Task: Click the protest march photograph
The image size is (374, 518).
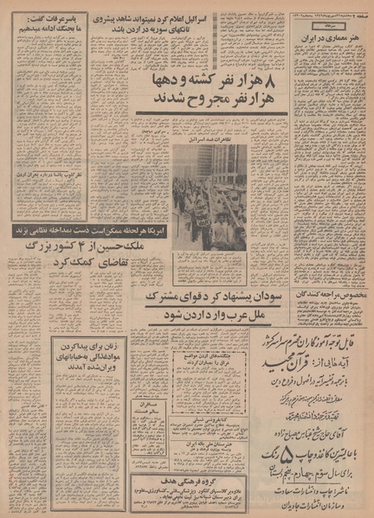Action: pos(209,198)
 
